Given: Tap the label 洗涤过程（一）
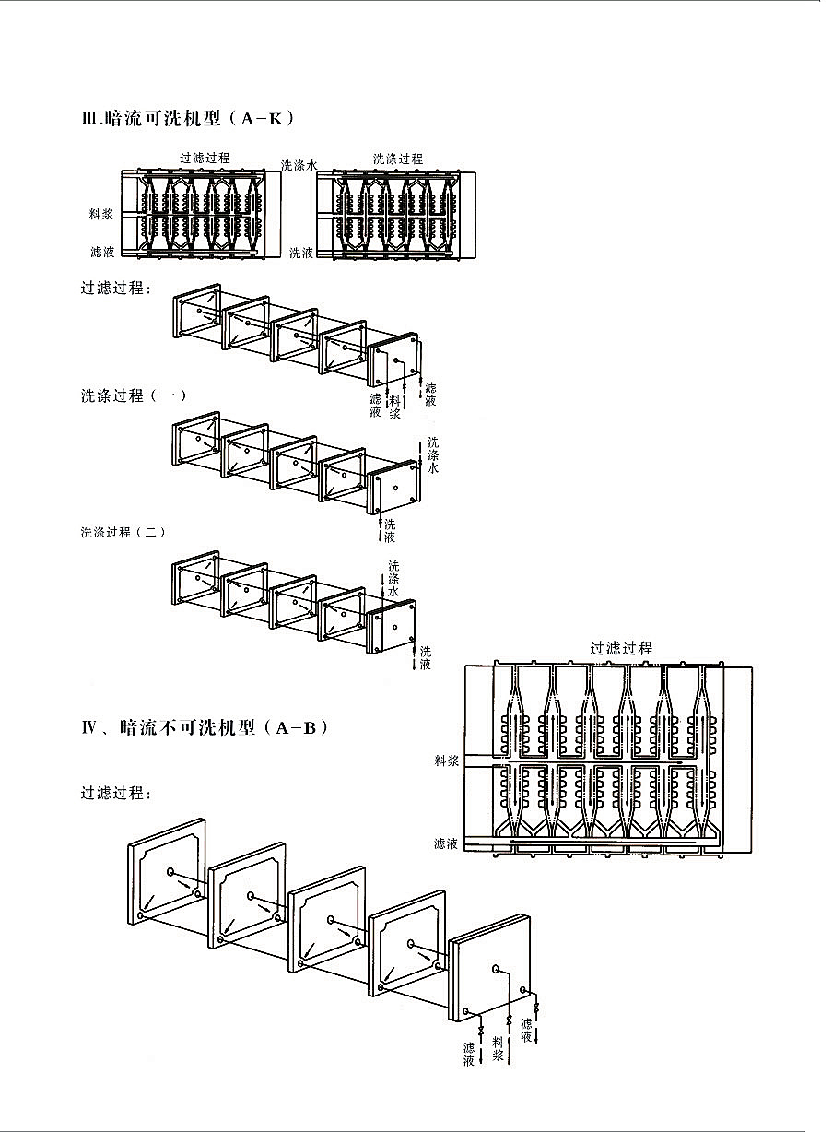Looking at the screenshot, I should (135, 395).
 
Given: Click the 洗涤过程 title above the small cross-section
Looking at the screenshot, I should (398, 159).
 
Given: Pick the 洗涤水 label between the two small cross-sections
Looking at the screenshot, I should (299, 165).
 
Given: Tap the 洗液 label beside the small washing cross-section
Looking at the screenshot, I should (301, 253).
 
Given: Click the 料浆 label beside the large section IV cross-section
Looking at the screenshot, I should (447, 761).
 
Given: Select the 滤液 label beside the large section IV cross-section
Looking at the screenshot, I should (447, 843).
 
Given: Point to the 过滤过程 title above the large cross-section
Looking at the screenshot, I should (621, 648).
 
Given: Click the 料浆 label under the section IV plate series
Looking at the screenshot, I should (499, 1048).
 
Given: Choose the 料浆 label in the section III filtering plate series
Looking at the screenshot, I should (395, 407).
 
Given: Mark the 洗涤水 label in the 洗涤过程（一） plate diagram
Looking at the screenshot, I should (433, 455).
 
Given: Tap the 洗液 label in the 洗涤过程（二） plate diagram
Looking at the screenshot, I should (425, 658).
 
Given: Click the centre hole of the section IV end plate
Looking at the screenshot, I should (496, 969).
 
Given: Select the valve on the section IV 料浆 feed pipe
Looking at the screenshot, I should (510, 1020).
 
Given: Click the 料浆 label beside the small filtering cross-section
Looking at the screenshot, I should (101, 214).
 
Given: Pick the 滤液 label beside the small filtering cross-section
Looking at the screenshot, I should (101, 251).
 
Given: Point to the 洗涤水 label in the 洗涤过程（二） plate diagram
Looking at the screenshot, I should (393, 578).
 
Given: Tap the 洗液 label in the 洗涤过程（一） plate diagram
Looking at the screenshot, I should (390, 531).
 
